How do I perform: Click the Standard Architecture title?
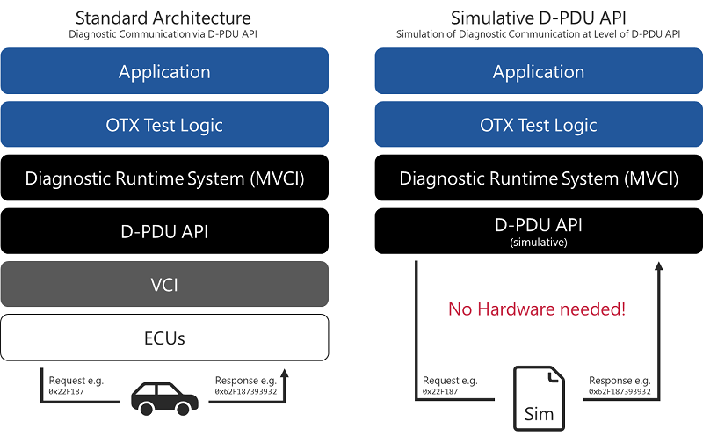[x=163, y=18]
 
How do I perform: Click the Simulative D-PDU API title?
[x=539, y=18]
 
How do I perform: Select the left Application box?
[x=164, y=71]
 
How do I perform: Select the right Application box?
[x=539, y=71]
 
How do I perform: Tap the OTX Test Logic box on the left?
[x=164, y=125]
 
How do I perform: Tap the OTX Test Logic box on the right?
[x=539, y=125]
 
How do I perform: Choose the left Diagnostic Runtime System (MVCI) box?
[x=164, y=178]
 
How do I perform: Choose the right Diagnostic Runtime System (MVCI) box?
[x=539, y=178]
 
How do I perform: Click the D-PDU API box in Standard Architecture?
[x=164, y=231]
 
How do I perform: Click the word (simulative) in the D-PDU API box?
[x=539, y=242]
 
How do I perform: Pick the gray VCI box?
[x=164, y=284]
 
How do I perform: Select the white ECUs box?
[x=164, y=337]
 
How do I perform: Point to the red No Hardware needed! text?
[x=539, y=309]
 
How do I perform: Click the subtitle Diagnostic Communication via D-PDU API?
[x=163, y=34]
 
